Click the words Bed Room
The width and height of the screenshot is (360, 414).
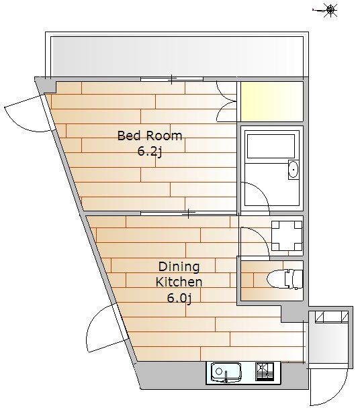tap(150, 136)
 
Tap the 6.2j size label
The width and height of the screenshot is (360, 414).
tap(149, 152)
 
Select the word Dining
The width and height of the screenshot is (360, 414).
tap(179, 267)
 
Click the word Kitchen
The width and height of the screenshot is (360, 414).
tap(179, 282)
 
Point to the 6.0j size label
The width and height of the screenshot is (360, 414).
tap(179, 298)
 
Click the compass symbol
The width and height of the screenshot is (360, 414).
tap(330, 10)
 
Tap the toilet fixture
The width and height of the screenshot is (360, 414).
tap(285, 278)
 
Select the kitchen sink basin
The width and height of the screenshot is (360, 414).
tap(226, 373)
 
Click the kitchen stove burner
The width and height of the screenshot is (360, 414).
tap(265, 372)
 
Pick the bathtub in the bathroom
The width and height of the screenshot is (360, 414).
tap(271, 146)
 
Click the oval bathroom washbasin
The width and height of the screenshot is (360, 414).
tap(293, 170)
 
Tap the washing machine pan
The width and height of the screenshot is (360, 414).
tap(287, 236)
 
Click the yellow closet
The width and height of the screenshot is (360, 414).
tap(272, 101)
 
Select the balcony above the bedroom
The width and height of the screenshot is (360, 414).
tap(177, 56)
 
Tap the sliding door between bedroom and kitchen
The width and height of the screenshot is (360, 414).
tap(189, 213)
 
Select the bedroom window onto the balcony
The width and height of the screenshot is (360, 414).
tap(172, 79)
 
